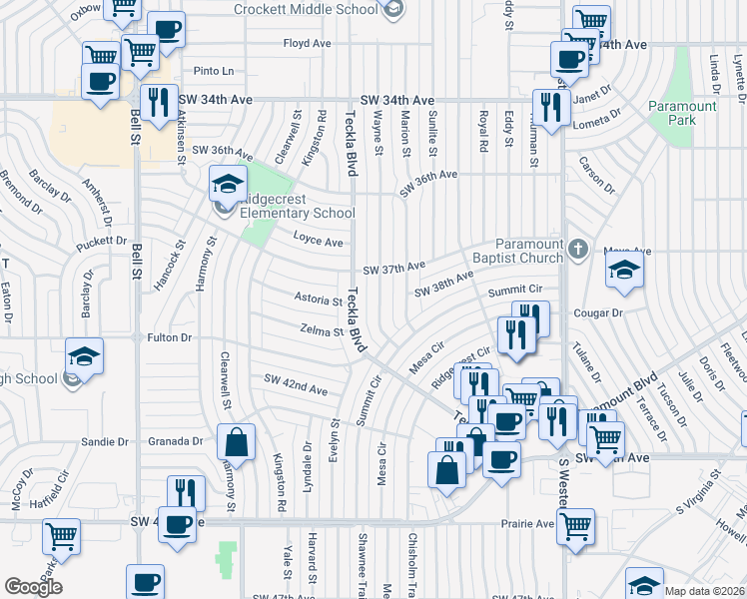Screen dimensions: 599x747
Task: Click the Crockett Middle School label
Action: pyautogui.click(x=306, y=9)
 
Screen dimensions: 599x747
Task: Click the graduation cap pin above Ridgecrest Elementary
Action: pyautogui.click(x=228, y=184)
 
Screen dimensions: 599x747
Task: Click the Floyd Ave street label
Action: pyautogui.click(x=307, y=44)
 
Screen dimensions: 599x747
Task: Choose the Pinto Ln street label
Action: pyautogui.click(x=214, y=71)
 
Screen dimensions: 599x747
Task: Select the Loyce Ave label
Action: pyautogui.click(x=319, y=241)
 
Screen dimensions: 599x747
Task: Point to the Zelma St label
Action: pyautogui.click(x=322, y=330)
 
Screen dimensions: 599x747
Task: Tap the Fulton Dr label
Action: pyautogui.click(x=169, y=338)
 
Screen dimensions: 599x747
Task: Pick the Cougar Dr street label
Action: pyautogui.click(x=598, y=312)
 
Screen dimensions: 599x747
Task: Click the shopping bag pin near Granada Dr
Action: pyautogui.click(x=236, y=442)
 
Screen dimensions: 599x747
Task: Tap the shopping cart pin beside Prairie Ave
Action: pyautogui.click(x=576, y=526)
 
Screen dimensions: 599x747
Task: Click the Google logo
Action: pyautogui.click(x=34, y=587)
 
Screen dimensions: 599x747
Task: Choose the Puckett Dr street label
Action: pyautogui.click(x=100, y=242)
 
